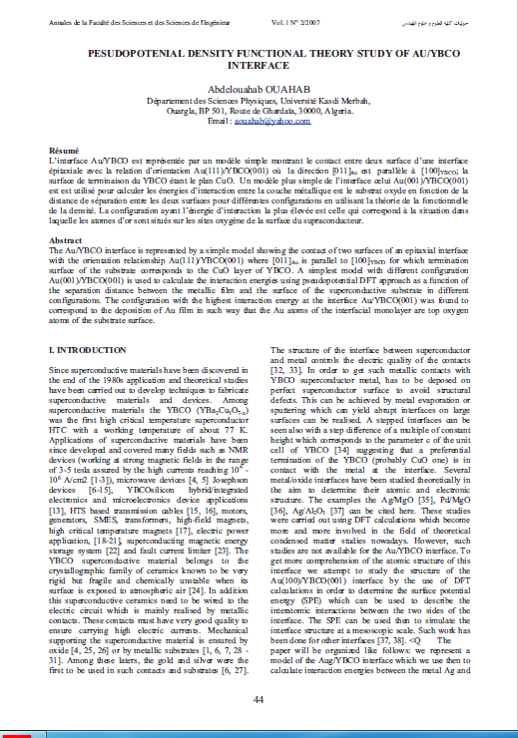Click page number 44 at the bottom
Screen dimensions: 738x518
pos(259,700)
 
